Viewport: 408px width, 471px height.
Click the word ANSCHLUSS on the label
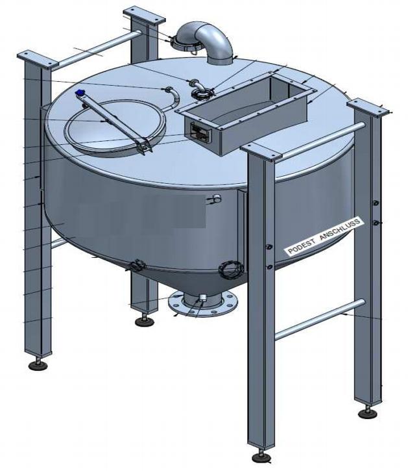[x=340, y=230]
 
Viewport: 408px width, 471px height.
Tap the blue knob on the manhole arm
[x=80, y=92]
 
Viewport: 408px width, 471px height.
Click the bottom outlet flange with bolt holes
[x=203, y=303]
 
